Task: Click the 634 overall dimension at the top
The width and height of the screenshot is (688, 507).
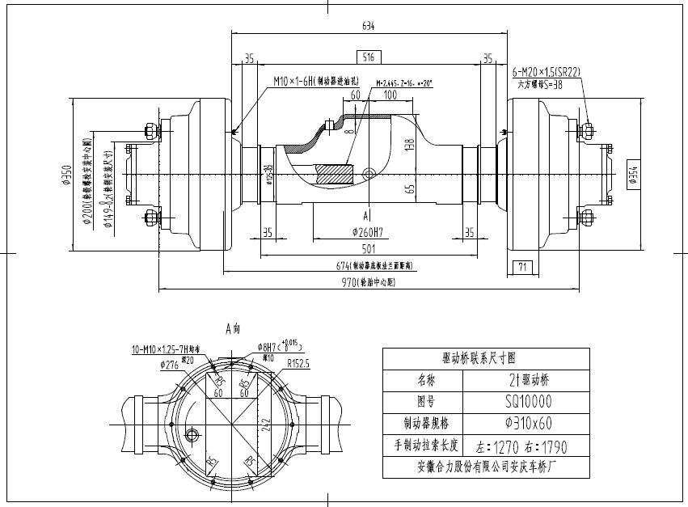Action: coord(368,26)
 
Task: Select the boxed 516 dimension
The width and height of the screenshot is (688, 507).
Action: coord(368,57)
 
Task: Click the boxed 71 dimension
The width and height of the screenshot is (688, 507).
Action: coord(521,266)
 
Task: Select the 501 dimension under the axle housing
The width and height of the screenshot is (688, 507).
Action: coord(369,249)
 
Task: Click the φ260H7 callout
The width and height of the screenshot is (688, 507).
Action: coord(365,233)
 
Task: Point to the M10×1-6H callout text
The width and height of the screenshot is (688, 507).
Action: coord(312,81)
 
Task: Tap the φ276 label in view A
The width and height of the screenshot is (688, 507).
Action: coord(170,365)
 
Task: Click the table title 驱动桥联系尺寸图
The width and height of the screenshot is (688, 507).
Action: coord(479,357)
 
